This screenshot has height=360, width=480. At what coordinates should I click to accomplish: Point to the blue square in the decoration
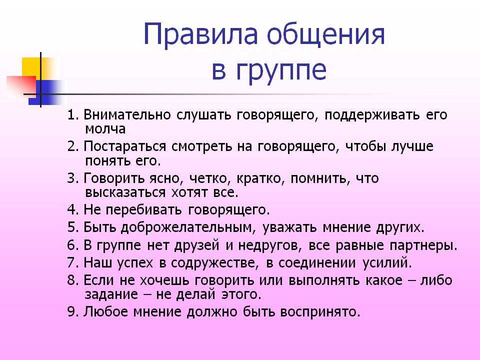[46, 92]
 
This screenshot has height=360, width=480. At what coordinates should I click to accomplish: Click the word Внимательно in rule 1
[127, 114]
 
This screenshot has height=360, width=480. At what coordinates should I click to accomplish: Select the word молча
[105, 129]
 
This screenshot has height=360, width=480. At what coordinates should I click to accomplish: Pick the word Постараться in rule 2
[124, 146]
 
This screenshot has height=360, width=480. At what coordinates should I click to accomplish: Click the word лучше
[412, 147]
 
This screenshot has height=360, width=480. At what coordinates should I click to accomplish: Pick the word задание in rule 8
[111, 295]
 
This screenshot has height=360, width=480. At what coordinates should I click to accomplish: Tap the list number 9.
[71, 311]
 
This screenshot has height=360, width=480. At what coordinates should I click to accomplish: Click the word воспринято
[320, 312]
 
